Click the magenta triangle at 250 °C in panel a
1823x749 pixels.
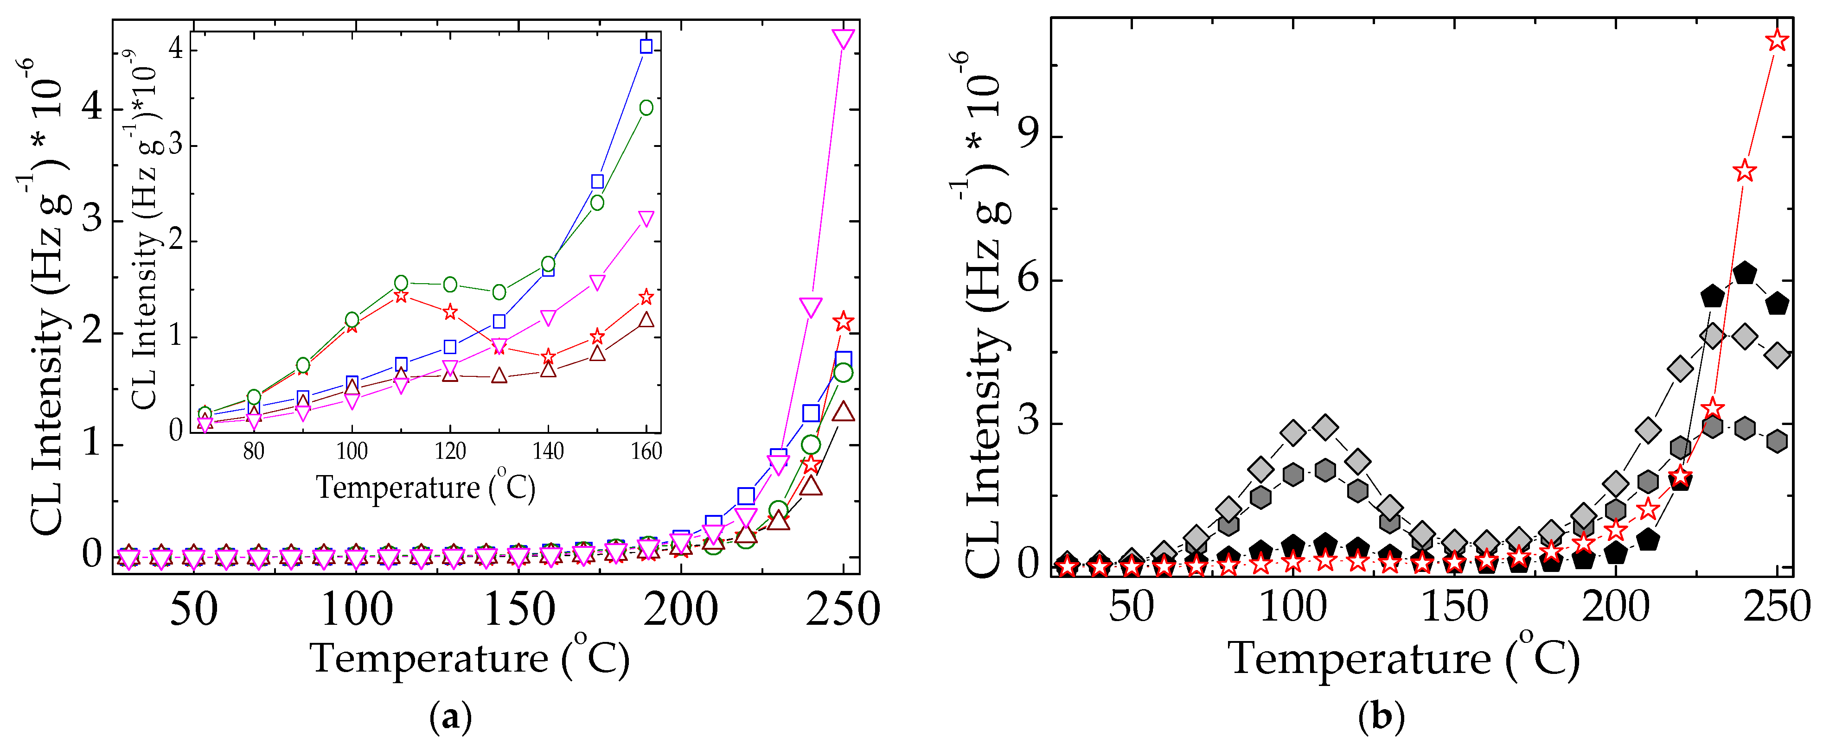tap(843, 38)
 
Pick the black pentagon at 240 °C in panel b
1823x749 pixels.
tap(1745, 272)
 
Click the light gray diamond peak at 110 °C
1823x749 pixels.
tap(1325, 427)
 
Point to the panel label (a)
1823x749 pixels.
tap(450, 718)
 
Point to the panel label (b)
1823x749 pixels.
tap(1382, 718)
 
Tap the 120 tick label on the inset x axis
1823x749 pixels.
tap(450, 451)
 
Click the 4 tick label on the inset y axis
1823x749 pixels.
tap(175, 48)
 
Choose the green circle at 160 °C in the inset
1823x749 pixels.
tap(646, 108)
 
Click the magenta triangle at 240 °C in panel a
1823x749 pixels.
tap(810, 307)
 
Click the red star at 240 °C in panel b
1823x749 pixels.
tap(1745, 171)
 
